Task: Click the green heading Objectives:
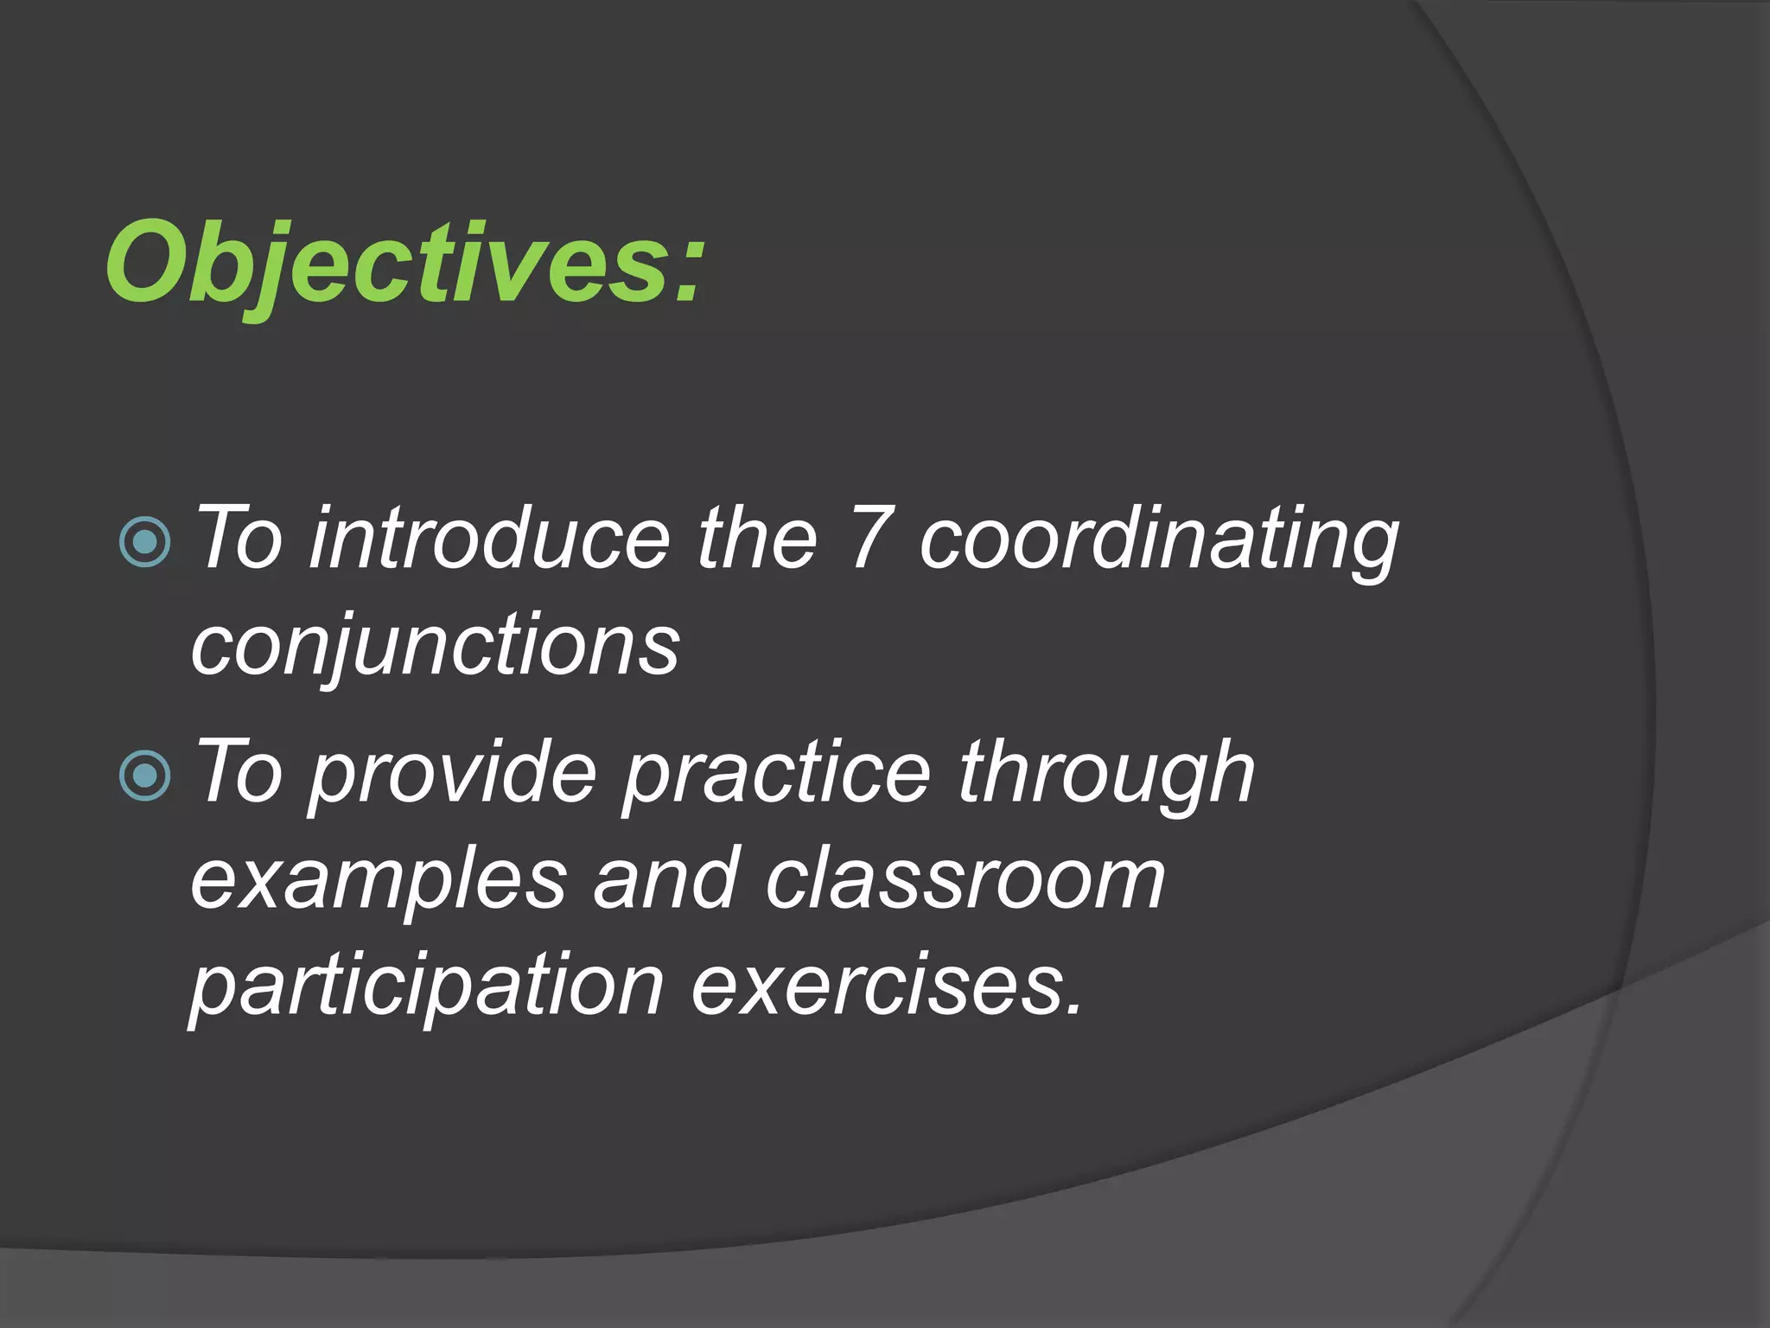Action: (404, 263)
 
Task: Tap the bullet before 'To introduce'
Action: (145, 542)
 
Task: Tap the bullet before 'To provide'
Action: (145, 776)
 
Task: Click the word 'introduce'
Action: (489, 539)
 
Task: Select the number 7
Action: (868, 539)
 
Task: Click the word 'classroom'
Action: (965, 880)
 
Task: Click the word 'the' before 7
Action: (757, 539)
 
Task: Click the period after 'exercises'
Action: (1073, 1008)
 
